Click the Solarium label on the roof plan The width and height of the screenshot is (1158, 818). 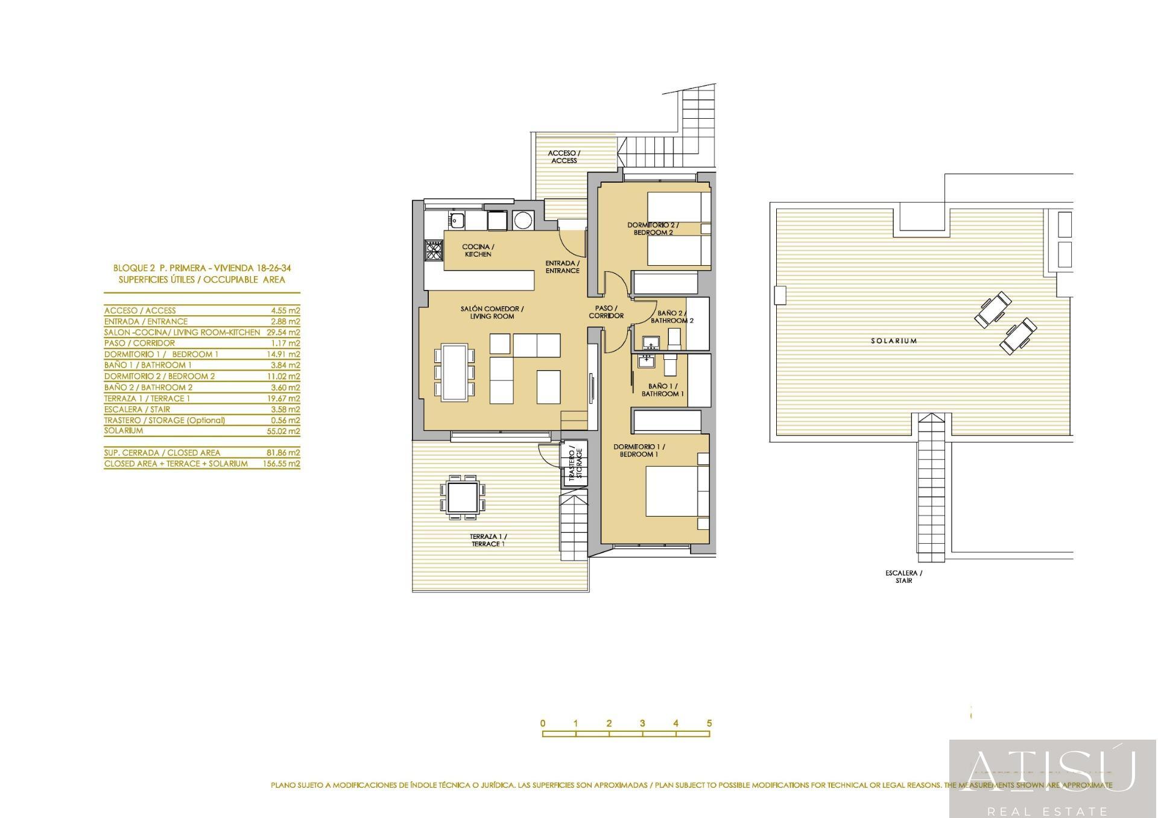(893, 341)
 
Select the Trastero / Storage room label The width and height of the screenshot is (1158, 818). (575, 464)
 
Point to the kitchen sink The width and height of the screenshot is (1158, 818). (457, 220)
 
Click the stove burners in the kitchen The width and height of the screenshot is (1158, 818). (434, 250)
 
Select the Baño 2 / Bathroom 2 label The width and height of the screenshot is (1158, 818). (671, 317)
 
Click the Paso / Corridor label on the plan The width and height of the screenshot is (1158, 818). (606, 312)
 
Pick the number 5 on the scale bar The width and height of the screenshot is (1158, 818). (709, 723)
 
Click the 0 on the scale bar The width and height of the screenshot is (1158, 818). (543, 723)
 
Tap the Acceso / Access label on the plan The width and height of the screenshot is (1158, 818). (564, 157)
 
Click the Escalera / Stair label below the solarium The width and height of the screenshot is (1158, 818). (903, 577)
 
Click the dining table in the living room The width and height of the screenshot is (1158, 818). (454, 373)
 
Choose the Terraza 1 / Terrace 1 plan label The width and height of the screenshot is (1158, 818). (488, 540)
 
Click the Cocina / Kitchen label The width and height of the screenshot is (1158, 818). (478, 250)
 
